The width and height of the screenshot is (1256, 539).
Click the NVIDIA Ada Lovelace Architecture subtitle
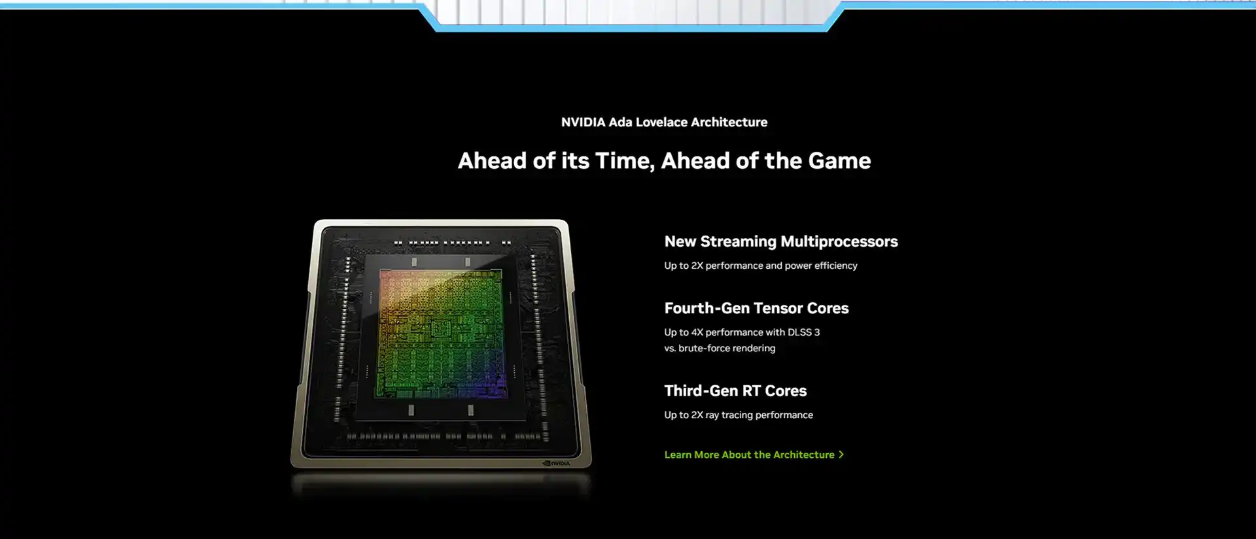click(x=664, y=122)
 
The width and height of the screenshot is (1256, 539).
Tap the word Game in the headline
click(x=839, y=161)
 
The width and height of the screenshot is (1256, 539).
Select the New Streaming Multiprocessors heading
click(x=781, y=242)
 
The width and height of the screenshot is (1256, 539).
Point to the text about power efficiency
click(x=760, y=266)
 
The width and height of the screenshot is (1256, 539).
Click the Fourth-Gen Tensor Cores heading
click(x=756, y=308)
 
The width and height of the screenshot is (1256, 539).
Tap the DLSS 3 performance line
click(x=742, y=332)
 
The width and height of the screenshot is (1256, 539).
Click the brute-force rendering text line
click(x=720, y=348)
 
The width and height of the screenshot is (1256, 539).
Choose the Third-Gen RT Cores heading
click(x=735, y=391)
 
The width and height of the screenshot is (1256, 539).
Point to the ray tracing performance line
click(x=739, y=415)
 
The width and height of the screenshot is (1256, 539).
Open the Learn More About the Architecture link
click(x=749, y=455)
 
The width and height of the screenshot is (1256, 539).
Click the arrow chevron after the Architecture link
click(x=841, y=455)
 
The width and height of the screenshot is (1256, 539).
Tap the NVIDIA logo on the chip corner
click(x=556, y=463)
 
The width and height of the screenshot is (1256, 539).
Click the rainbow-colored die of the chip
click(x=441, y=334)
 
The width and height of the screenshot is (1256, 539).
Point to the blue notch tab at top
click(x=631, y=16)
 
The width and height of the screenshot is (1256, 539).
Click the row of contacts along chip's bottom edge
click(x=444, y=436)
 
